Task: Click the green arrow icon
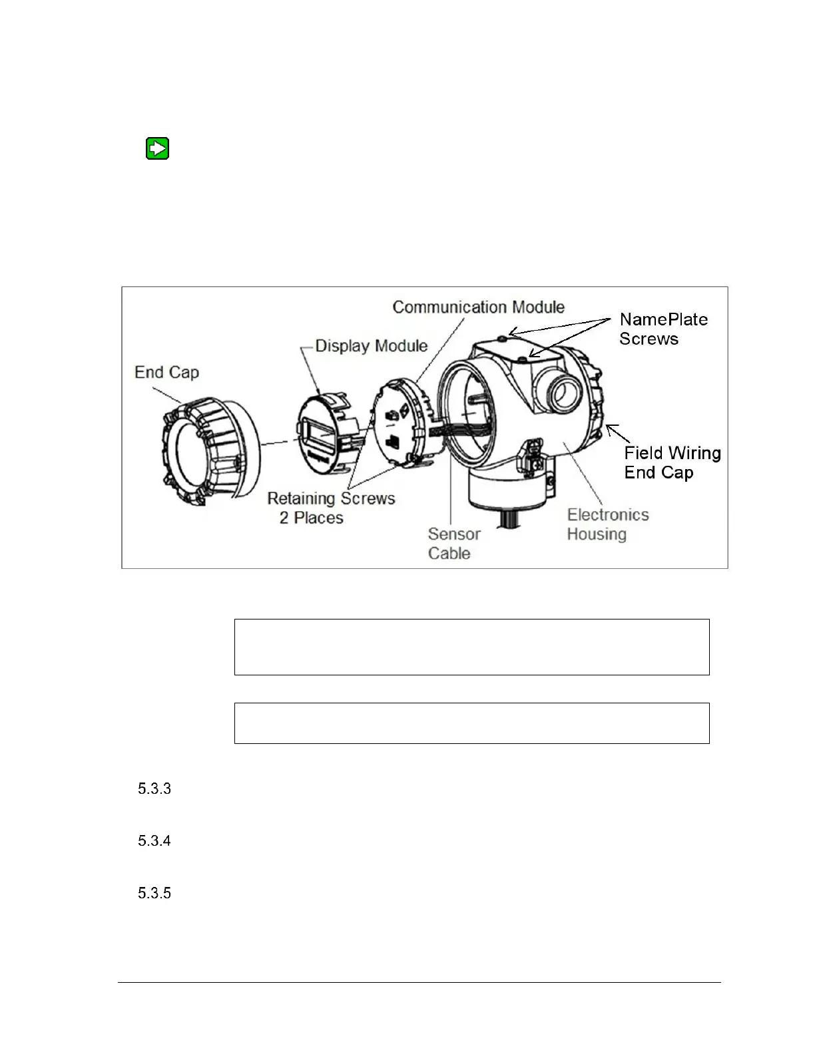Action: coord(157,148)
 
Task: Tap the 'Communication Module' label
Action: coord(478,307)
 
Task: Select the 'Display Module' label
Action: coord(371,346)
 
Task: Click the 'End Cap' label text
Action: coord(166,373)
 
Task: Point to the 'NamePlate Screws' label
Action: coord(663,329)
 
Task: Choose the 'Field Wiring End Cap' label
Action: coord(672,462)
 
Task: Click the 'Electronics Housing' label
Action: coord(607,524)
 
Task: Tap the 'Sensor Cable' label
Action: coord(453,544)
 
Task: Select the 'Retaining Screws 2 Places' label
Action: coord(331,508)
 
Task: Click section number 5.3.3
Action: coord(154,789)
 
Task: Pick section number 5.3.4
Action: coord(154,841)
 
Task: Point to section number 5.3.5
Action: coord(154,893)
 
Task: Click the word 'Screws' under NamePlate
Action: coord(649,339)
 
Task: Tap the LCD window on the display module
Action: coord(318,437)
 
